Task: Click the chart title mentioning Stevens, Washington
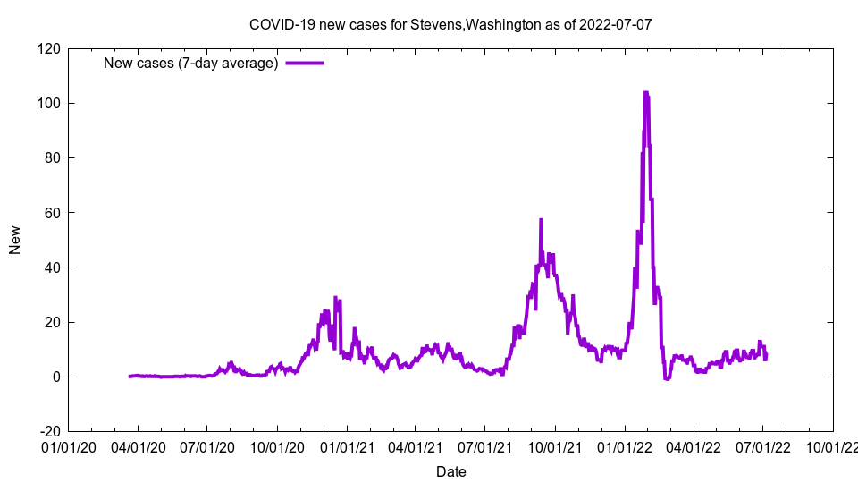[450, 24]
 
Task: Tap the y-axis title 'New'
[15, 240]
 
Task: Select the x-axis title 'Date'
[450, 471]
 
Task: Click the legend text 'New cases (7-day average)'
[191, 63]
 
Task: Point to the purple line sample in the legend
[304, 63]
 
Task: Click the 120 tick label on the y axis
[48, 48]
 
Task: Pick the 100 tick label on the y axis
[48, 103]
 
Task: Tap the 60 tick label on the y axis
[52, 212]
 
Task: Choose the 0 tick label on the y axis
[55, 377]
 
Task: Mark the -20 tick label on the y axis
[48, 431]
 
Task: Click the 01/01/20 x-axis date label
[69, 446]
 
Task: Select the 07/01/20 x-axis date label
[207, 446]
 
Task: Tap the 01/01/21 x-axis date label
[347, 446]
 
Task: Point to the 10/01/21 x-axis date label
[554, 446]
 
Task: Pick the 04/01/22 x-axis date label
[694, 446]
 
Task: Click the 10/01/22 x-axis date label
[832, 446]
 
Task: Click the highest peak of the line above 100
[645, 92]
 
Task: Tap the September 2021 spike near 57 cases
[541, 220]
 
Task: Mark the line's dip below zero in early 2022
[667, 378]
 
